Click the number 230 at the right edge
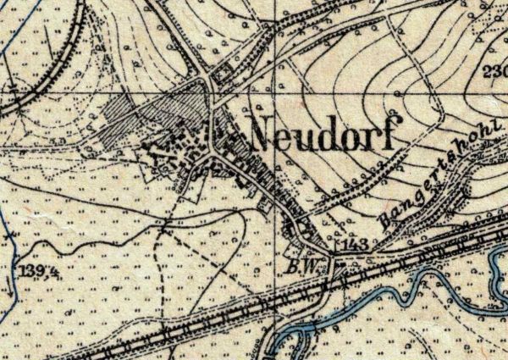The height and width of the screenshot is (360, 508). (495, 71)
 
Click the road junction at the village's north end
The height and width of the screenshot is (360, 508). (207, 80)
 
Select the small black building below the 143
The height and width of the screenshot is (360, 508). (336, 263)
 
